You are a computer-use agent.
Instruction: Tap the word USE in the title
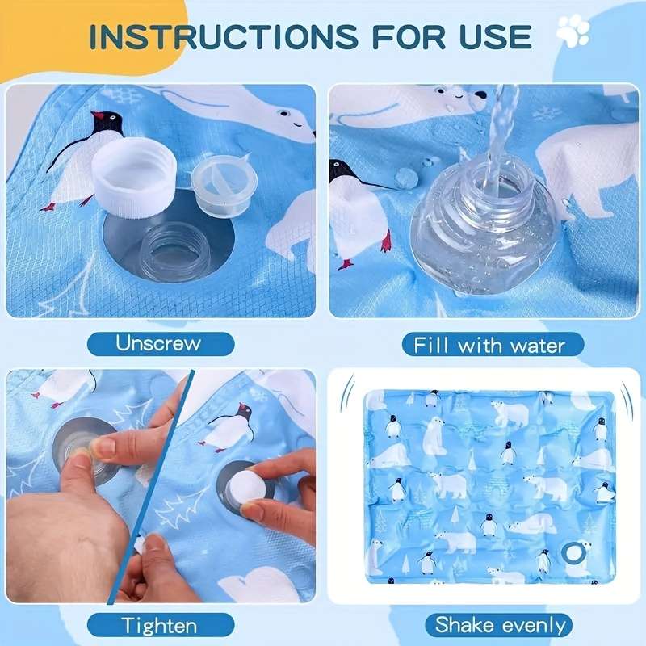point(488,36)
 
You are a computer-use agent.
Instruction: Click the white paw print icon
point(573,31)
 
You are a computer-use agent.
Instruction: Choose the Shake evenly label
point(501,624)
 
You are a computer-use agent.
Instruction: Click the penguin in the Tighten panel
point(229,426)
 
